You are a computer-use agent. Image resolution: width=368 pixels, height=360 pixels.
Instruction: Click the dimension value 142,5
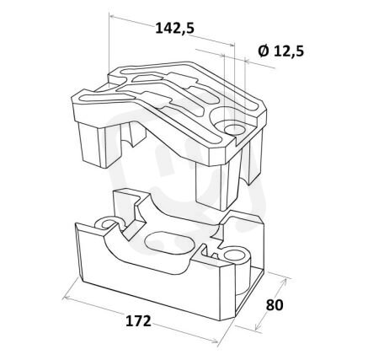[174, 28]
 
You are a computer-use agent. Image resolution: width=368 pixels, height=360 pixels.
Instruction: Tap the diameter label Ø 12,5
[281, 51]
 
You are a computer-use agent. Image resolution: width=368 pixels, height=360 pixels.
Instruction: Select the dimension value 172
[138, 321]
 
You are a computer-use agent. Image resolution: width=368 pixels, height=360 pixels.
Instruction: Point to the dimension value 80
[275, 305]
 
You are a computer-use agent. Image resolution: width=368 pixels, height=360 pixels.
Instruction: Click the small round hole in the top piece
[234, 130]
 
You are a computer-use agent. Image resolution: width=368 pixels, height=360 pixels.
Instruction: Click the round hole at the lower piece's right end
[235, 255]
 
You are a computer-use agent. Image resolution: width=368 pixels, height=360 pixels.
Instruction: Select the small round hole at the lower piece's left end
[107, 224]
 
